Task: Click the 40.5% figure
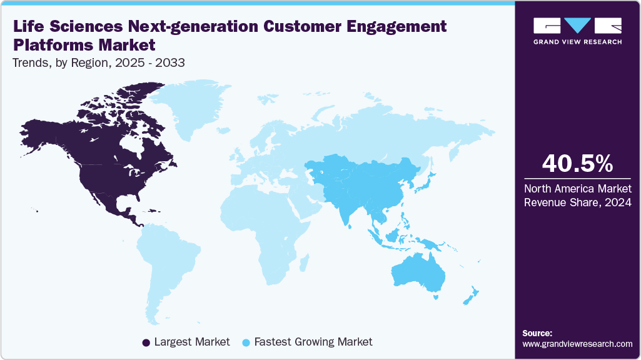click(x=577, y=163)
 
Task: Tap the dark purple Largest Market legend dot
click(x=146, y=342)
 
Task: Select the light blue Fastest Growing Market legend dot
click(x=247, y=342)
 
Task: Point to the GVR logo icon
click(x=577, y=26)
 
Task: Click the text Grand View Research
click(x=577, y=42)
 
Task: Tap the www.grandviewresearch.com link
click(x=577, y=344)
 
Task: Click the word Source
click(x=537, y=333)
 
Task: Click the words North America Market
click(x=577, y=189)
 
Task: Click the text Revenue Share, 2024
click(x=577, y=202)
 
